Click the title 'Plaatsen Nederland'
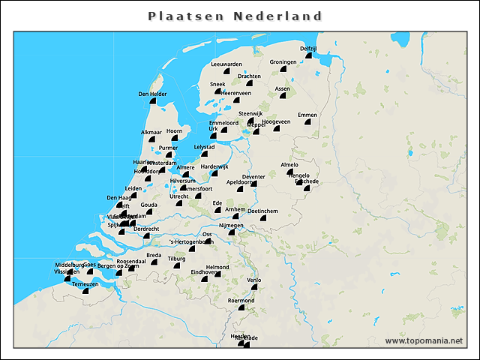point(235,16)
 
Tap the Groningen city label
point(283,62)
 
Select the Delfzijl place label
point(308,48)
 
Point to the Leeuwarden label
point(226,64)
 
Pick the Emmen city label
point(307,115)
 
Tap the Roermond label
point(241,300)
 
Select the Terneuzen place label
point(85,284)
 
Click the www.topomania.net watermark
point(424,340)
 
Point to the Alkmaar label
point(151,132)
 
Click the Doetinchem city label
point(262,211)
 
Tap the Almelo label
point(289,164)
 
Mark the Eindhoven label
point(204,271)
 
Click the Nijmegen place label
point(231,225)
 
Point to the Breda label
point(154,255)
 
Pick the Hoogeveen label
point(275,121)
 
